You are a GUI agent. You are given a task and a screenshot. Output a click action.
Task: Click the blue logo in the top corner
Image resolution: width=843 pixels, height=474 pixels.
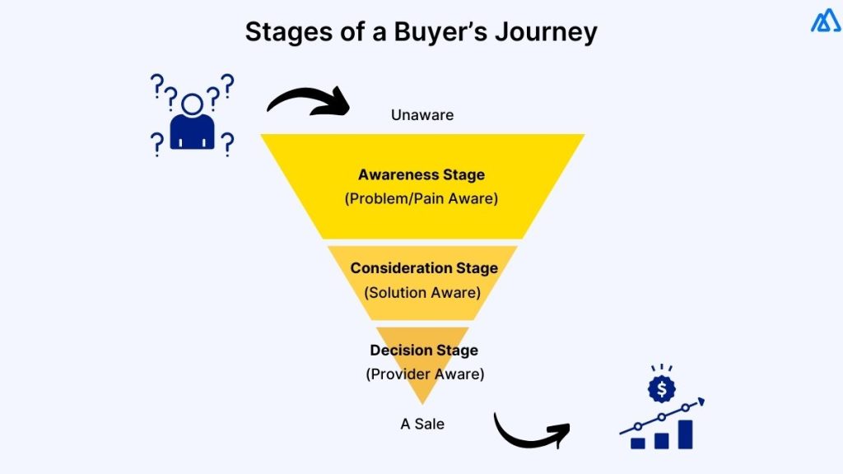click(x=825, y=21)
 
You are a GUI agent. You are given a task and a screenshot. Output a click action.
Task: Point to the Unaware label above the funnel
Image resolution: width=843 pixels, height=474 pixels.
click(x=422, y=115)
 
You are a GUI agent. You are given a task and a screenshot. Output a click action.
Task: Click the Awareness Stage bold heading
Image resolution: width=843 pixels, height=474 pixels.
click(x=421, y=174)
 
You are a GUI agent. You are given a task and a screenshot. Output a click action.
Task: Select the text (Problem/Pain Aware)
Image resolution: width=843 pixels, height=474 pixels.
click(x=421, y=198)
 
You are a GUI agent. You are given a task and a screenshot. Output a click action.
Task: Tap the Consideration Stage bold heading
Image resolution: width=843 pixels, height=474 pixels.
click(x=423, y=268)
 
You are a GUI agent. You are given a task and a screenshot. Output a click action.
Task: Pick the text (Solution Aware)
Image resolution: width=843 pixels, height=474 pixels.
click(x=423, y=291)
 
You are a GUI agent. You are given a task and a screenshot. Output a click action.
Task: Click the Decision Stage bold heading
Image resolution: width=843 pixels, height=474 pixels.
click(x=423, y=350)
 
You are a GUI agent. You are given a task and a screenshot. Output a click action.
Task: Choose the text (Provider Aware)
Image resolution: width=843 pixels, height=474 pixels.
click(x=424, y=374)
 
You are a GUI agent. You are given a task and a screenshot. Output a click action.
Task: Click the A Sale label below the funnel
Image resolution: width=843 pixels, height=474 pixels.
click(x=422, y=424)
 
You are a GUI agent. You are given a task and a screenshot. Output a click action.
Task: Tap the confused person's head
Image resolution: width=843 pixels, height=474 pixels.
click(x=193, y=104)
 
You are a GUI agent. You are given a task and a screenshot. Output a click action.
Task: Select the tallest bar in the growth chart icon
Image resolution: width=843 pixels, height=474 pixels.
click(x=685, y=434)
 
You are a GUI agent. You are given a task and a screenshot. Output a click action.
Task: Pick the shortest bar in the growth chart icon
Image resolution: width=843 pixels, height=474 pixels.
click(x=638, y=443)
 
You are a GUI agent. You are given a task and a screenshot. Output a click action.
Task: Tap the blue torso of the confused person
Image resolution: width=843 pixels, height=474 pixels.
click(x=193, y=133)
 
